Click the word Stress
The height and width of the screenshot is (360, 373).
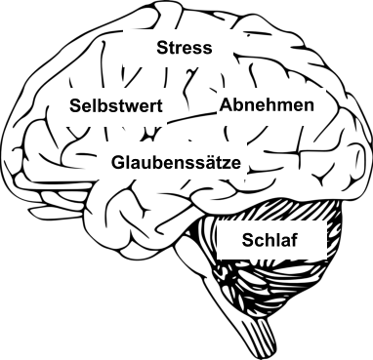coord(184,48)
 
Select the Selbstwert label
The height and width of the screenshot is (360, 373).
coord(115,106)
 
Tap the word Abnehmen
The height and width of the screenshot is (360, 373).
coord(267,105)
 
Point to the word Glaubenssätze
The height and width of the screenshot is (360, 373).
coord(176,161)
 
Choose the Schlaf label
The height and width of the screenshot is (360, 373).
coord(269,240)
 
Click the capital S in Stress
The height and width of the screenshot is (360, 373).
coord(162,48)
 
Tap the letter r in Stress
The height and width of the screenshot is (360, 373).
coord(178,49)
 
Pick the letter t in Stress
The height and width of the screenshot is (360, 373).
coord(171,49)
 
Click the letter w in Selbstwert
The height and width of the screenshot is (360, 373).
coord(132,107)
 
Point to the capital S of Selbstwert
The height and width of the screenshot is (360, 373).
coord(74,106)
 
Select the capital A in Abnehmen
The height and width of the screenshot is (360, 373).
coord(226,105)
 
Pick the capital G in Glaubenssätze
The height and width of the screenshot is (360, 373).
coord(118,161)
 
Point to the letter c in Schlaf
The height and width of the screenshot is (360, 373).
coord(259,241)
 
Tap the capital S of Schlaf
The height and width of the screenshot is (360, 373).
coord(248,240)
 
